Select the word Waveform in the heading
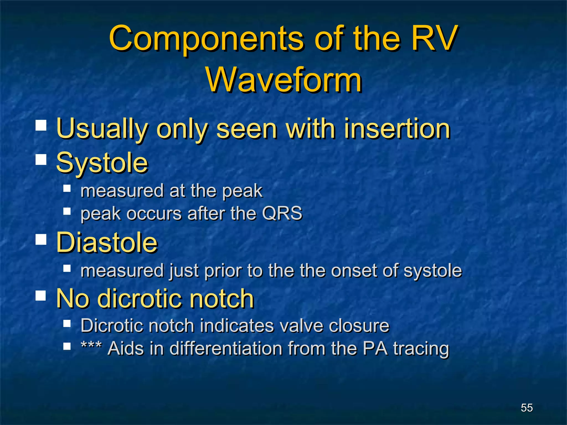(x=284, y=80)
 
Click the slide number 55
(x=527, y=408)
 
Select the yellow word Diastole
(x=107, y=242)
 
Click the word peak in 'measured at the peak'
(x=242, y=191)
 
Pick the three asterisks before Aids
(x=91, y=346)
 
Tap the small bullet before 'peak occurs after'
(x=67, y=212)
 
